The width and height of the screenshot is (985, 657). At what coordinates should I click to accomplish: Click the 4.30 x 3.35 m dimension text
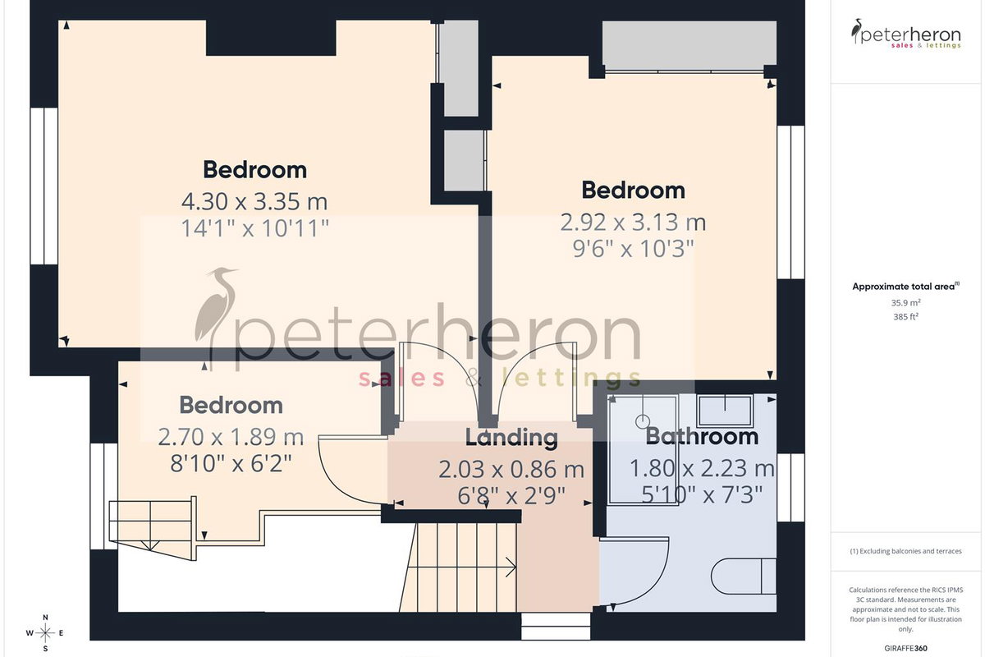point(254,202)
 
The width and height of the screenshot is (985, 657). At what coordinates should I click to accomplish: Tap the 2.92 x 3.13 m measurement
point(633,223)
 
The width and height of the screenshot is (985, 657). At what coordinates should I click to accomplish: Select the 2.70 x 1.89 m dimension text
point(231,437)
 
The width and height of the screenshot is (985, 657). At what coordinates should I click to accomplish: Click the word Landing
point(511,438)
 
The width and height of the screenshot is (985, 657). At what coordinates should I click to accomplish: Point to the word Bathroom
point(702,437)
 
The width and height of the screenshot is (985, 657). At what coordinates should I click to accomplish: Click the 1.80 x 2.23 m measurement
point(702,468)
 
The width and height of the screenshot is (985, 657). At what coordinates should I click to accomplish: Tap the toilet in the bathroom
point(744,577)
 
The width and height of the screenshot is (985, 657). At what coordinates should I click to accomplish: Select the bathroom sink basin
point(725,411)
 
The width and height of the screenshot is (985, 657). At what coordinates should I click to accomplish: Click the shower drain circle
point(643,421)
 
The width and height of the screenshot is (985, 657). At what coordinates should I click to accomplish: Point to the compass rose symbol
point(45,633)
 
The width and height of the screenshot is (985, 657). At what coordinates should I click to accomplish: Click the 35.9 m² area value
point(906,303)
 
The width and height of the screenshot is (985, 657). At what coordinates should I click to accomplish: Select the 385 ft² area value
point(906,316)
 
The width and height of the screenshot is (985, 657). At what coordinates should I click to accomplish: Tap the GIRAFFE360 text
point(906,648)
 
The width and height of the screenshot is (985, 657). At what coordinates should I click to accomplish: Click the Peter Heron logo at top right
point(906,34)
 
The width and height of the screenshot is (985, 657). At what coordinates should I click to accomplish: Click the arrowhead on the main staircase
point(511,567)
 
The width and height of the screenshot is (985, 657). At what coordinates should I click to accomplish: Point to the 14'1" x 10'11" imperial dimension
point(255,229)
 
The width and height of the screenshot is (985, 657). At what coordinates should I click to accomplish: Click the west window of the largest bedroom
point(44,186)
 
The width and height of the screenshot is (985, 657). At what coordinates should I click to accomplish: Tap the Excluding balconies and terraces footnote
point(906,551)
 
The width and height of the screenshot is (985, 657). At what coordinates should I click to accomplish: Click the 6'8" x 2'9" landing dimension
point(511,496)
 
